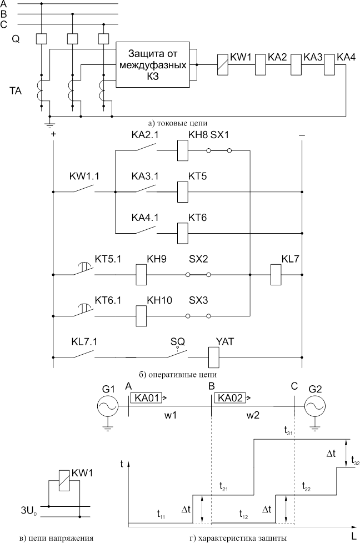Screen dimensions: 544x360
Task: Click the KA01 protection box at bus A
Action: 148,397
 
